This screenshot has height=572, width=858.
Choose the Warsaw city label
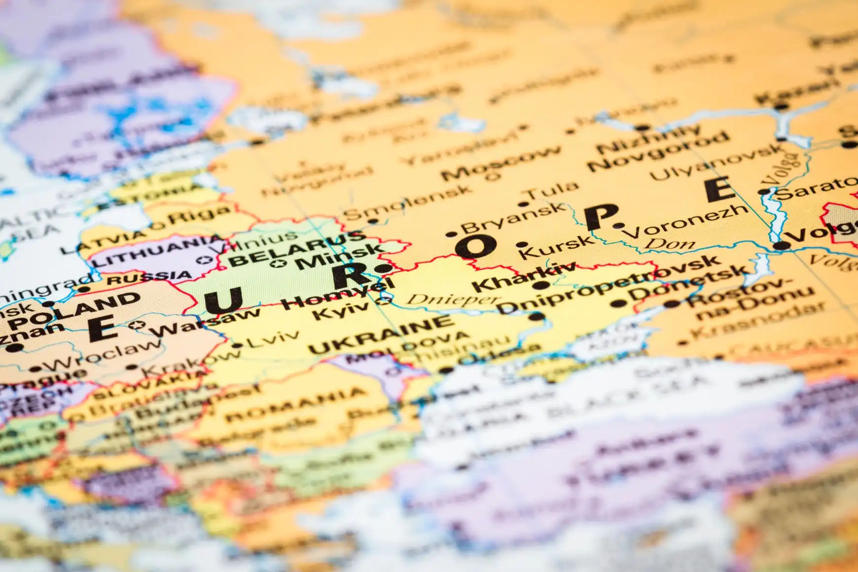tap(207, 323)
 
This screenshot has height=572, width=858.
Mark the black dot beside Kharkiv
tap(541, 285)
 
